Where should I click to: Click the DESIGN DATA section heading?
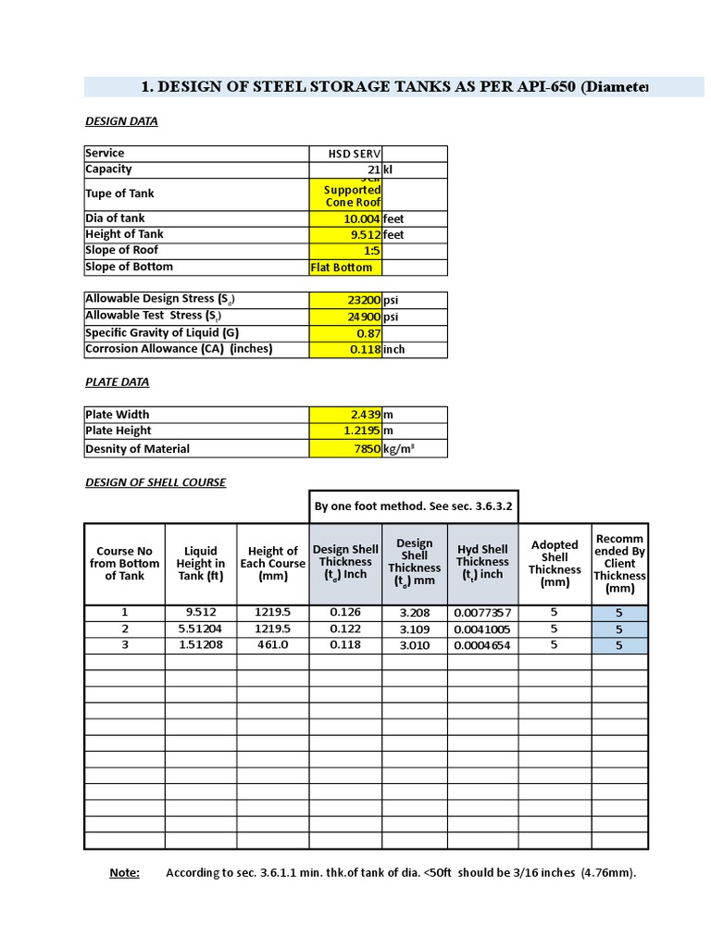(x=121, y=121)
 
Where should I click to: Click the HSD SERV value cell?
(x=345, y=154)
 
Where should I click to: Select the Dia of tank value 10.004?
(x=345, y=218)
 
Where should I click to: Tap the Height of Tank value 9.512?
(x=345, y=235)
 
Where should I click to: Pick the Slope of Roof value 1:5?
(x=345, y=251)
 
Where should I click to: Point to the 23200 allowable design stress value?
(x=345, y=300)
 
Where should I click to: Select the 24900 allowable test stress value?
(x=345, y=317)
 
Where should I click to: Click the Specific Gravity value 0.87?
(x=345, y=333)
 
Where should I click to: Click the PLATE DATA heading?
(x=117, y=382)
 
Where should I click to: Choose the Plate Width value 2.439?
(x=345, y=415)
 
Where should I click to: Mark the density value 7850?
(x=345, y=449)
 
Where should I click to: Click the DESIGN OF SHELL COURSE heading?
(x=156, y=482)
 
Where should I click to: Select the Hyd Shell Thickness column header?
(x=482, y=562)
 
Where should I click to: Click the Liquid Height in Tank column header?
(x=201, y=563)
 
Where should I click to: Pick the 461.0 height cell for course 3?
(x=273, y=645)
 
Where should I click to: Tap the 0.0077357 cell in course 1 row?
(x=482, y=613)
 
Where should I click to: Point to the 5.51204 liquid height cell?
(x=201, y=630)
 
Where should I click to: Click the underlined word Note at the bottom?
(x=124, y=873)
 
